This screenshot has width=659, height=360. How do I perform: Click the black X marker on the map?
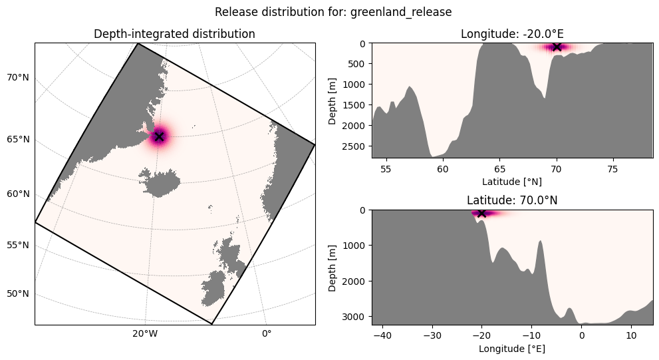click(x=159, y=136)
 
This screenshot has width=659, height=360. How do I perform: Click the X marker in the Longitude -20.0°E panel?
click(x=557, y=47)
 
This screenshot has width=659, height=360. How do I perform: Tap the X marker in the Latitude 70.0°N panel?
click(x=482, y=213)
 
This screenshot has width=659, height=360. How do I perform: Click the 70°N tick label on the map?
click(x=18, y=77)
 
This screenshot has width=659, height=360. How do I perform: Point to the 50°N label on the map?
click(x=18, y=293)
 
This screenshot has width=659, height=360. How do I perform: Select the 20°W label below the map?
click(x=145, y=334)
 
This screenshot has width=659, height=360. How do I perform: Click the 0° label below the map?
click(x=267, y=334)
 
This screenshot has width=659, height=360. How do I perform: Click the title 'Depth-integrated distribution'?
click(x=174, y=34)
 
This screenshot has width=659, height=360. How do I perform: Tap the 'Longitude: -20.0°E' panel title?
click(x=512, y=34)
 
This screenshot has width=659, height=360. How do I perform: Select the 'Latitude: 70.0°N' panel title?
click(x=512, y=200)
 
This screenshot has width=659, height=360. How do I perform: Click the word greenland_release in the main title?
click(x=401, y=12)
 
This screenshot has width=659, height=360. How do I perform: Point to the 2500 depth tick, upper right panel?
click(x=356, y=146)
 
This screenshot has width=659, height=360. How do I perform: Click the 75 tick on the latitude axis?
click(x=613, y=169)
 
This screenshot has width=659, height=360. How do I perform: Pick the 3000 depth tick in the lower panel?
click(x=356, y=316)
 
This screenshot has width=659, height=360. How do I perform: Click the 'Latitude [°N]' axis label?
click(x=512, y=182)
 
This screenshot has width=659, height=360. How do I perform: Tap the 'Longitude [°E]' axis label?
click(x=512, y=349)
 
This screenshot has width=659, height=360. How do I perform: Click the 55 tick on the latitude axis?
click(x=386, y=169)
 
